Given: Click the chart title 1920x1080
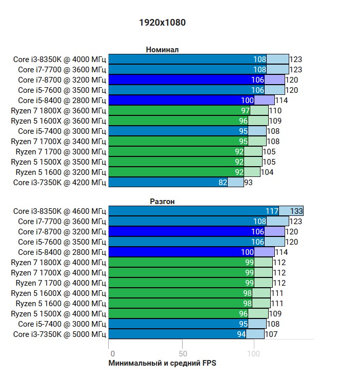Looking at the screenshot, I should [x=162, y=23].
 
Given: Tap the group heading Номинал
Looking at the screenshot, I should [x=162, y=50].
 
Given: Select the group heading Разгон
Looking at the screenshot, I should [x=162, y=202].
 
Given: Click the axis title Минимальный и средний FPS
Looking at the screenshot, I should [x=163, y=363].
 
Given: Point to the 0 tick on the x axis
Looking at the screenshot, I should [x=112, y=354].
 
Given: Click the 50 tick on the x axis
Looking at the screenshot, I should [x=183, y=354].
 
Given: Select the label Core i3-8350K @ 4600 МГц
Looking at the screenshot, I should [x=59, y=211].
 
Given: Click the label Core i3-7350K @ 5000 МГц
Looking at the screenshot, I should [x=59, y=334].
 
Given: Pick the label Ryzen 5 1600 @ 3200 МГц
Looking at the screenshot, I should [x=61, y=172].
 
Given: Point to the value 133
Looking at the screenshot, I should [x=296, y=211].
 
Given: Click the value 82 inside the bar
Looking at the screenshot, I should [x=223, y=183].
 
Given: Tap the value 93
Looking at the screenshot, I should [x=248, y=183].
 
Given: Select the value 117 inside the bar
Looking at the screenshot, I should [x=272, y=211].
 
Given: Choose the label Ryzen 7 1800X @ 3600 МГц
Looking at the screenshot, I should [x=58, y=111].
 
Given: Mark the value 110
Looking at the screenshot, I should [x=275, y=111].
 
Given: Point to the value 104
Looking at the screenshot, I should [x=267, y=172].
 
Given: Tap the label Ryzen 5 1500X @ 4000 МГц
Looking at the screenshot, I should [x=58, y=314].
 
